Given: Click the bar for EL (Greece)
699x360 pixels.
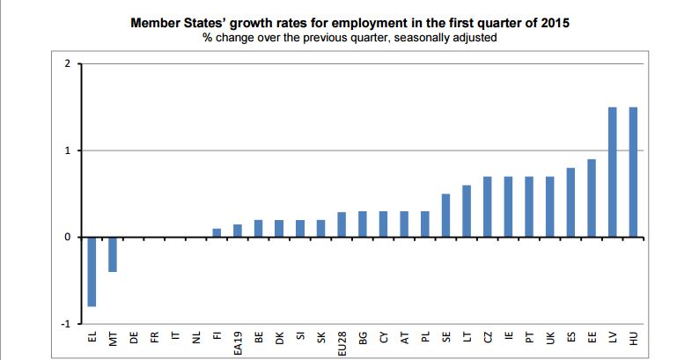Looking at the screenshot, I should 92,272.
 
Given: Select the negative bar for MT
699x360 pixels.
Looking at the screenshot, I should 113,254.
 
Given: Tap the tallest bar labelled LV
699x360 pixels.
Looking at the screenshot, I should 612,173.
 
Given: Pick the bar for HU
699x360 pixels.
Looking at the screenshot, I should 633,173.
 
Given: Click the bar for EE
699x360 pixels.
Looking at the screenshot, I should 592,198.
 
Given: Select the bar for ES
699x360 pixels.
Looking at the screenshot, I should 570,202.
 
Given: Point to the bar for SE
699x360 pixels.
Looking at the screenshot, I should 445,216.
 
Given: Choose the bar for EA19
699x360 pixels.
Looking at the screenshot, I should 238,231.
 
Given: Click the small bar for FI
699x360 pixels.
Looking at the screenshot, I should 217,232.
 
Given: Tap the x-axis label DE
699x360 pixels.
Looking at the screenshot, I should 134,336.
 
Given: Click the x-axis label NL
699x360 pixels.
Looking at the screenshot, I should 196,336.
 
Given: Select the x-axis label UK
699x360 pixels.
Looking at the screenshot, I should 549,336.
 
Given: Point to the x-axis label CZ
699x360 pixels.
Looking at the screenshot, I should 487,336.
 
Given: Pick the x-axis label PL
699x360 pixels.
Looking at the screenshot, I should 424,336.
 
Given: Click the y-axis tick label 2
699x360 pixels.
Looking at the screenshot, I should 66,64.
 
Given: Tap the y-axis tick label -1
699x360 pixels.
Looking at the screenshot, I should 64,324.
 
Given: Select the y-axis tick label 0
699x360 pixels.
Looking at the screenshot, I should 66,238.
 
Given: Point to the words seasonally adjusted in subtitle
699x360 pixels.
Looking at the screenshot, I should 448,39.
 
